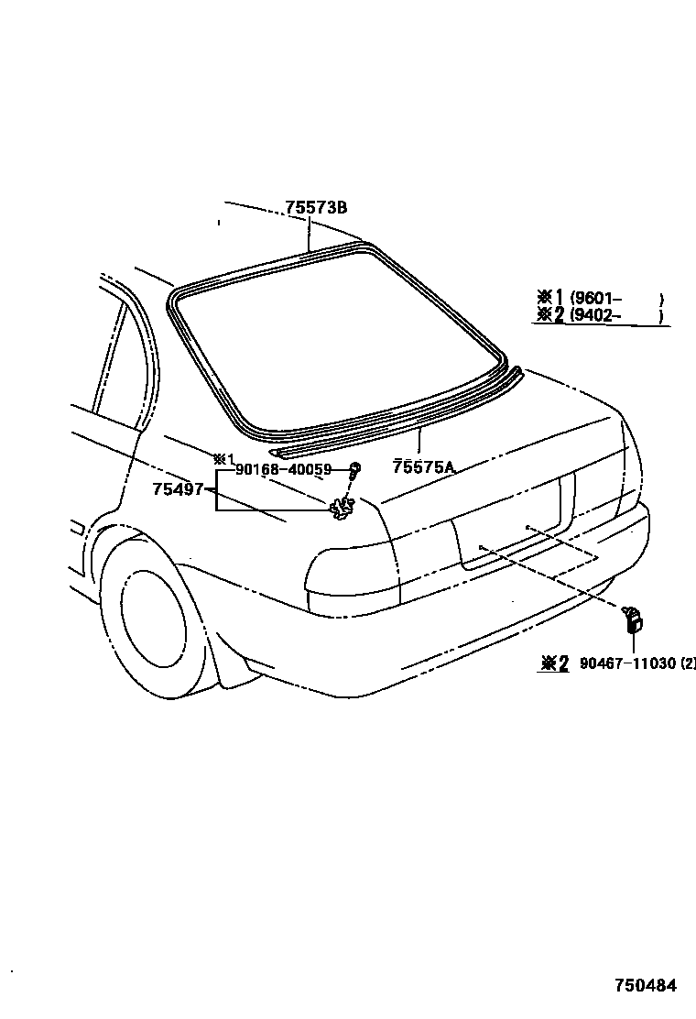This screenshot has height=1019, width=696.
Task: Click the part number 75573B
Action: pyautogui.click(x=316, y=208)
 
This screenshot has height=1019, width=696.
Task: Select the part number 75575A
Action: pyautogui.click(x=424, y=466)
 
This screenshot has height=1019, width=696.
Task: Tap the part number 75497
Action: pyautogui.click(x=178, y=489)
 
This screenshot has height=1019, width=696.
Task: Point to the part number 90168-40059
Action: pyautogui.click(x=283, y=469)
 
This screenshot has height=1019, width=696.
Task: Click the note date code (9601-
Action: pyautogui.click(x=597, y=298)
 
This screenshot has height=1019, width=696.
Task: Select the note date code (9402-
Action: pyautogui.click(x=597, y=316)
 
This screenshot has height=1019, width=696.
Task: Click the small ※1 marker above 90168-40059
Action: pyautogui.click(x=224, y=457)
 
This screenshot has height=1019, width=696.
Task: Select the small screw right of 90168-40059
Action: pyautogui.click(x=353, y=471)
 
